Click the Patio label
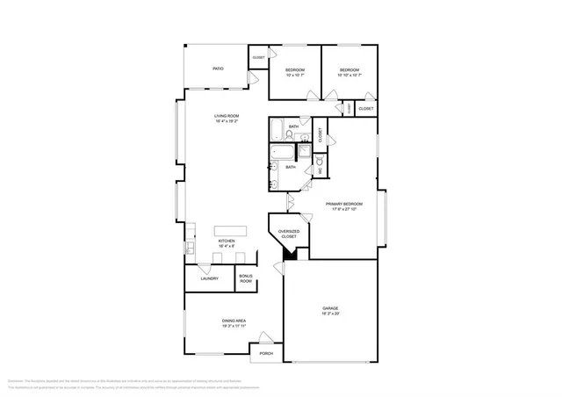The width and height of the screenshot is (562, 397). [x=217, y=68]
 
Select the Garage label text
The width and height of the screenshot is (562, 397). [x=330, y=308]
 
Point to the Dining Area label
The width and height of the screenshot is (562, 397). [x=233, y=321]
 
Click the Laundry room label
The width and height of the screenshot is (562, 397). [x=209, y=278]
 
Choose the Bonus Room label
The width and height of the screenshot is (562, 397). [x=246, y=278]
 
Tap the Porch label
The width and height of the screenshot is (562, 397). [x=265, y=353]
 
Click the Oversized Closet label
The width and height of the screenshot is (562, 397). [x=288, y=234]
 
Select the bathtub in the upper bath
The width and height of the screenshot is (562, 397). [x=284, y=130]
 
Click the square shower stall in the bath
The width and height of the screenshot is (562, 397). [x=303, y=152]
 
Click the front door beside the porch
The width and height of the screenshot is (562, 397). [x=275, y=337]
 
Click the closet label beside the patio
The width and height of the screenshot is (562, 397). [x=258, y=57]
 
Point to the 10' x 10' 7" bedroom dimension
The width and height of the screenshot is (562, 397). [x=294, y=75]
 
